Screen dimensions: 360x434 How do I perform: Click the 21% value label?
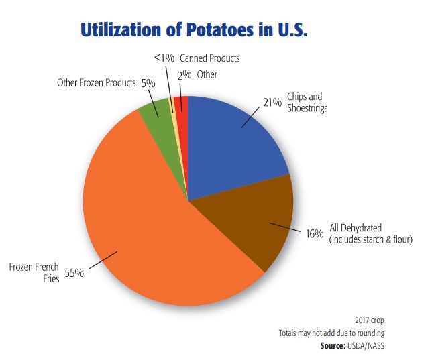(271, 102)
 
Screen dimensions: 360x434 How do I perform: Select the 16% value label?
(315, 234)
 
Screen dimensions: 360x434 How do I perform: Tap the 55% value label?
(73, 274)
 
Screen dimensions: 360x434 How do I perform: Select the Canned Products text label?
(210, 59)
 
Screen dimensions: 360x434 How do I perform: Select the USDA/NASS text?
(372, 345)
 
